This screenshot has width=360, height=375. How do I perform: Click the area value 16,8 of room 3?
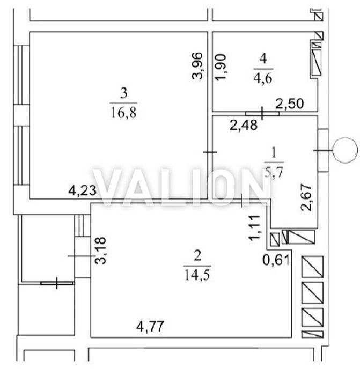point(123,113)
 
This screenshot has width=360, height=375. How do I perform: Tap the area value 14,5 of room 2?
point(197,275)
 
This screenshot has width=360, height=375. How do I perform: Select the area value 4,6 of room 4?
point(263,78)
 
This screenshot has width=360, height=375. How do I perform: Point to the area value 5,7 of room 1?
point(274,171)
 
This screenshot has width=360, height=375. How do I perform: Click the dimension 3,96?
point(198,65)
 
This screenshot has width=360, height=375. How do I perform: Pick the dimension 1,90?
point(221,67)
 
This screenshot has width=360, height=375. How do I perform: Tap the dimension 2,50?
point(290,104)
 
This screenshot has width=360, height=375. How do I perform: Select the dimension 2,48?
point(244,125)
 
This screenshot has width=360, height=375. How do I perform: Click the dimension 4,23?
point(83,190)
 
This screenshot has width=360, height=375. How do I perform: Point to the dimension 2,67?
point(306,197)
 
